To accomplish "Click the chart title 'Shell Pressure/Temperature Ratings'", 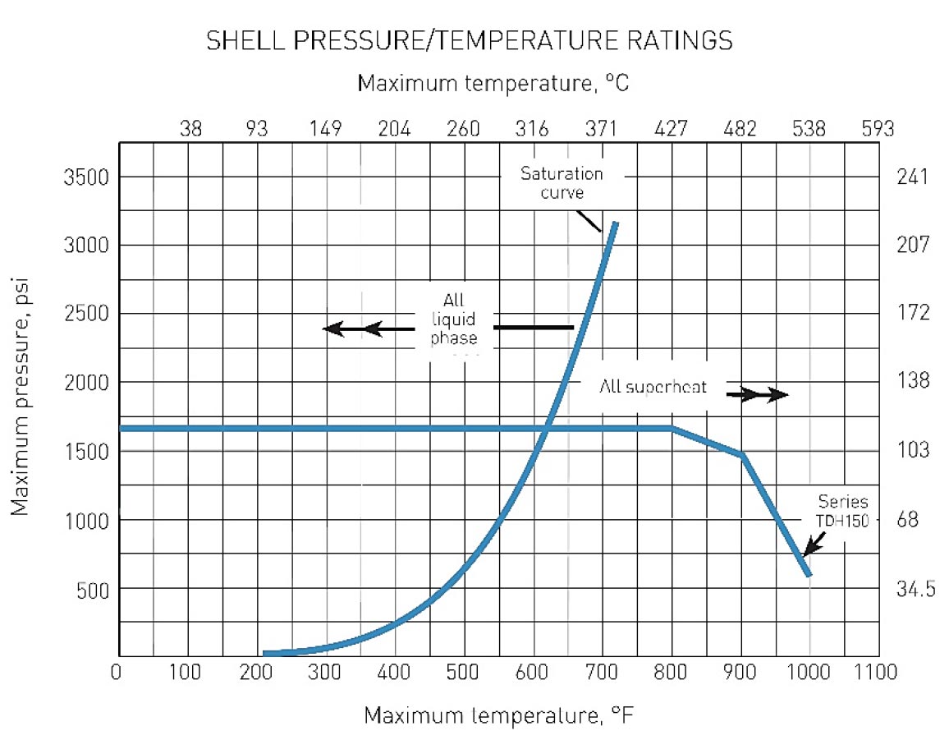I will [x=469, y=41].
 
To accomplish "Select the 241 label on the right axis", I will [x=908, y=177].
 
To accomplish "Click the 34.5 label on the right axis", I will [x=912, y=590].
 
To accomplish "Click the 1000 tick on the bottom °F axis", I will [x=809, y=673].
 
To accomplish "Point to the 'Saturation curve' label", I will [x=562, y=182].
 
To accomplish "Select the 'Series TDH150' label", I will [x=843, y=511].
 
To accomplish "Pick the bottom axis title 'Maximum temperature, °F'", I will [x=499, y=715].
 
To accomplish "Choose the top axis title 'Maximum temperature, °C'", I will [x=493, y=83].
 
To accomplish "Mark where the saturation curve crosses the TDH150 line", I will [x=548, y=428].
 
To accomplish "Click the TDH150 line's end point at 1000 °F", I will [x=809, y=574].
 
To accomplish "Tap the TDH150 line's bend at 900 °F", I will [x=741, y=454].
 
